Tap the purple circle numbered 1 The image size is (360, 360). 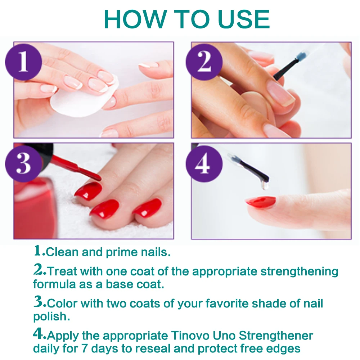24,62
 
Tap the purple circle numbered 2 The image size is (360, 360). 204,62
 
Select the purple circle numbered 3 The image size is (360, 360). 24,164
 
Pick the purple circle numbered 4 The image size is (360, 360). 204,164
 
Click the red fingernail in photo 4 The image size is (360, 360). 261,202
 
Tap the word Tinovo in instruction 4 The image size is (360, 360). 190,336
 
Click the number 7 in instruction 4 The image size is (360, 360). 85,349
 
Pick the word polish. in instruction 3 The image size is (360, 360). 51,317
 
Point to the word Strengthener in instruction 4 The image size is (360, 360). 276,336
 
